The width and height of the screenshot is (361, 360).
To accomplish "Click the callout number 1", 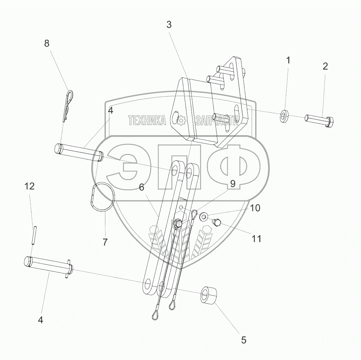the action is click(x=288, y=60).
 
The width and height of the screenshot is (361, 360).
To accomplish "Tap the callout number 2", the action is click(x=325, y=66).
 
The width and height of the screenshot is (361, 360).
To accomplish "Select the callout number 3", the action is click(x=169, y=24).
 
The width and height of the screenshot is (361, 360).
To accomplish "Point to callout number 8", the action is click(x=47, y=43).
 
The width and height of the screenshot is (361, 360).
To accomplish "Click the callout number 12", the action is click(x=29, y=186).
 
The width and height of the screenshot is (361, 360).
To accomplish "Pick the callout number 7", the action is click(x=105, y=242).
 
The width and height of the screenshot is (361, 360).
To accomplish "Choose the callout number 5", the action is click(x=244, y=340).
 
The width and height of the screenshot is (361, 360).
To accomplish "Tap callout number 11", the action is click(x=256, y=239).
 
